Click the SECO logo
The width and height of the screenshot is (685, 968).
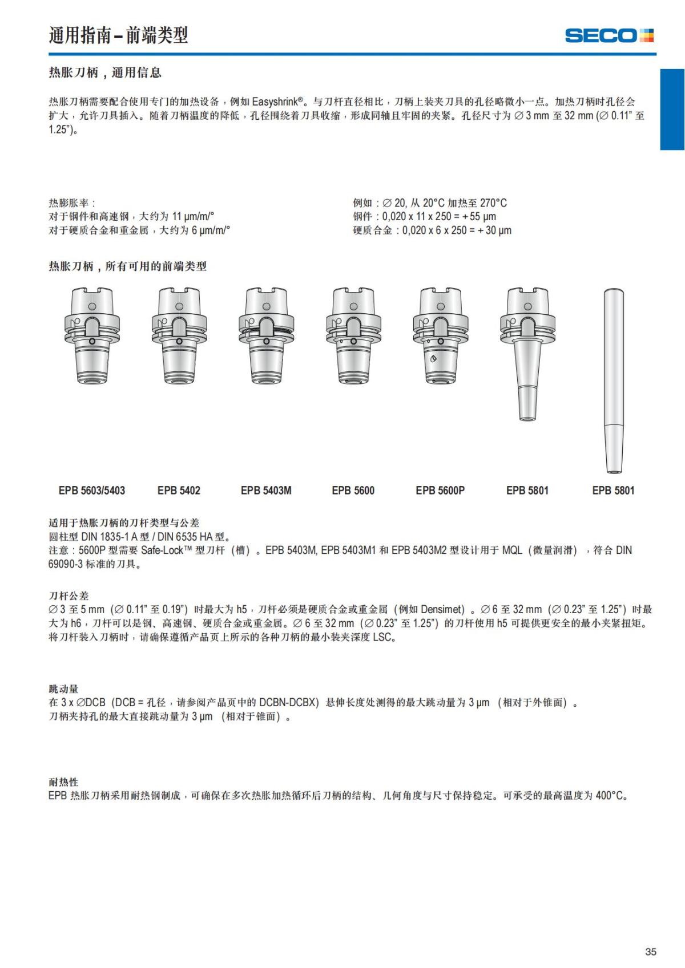609,35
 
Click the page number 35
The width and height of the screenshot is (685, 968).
650,951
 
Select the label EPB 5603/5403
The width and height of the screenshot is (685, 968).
91,491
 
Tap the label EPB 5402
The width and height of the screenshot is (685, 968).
179,491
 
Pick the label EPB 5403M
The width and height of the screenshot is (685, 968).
266,491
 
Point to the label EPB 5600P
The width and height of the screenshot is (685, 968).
440,491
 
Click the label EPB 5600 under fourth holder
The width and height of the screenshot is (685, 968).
353,491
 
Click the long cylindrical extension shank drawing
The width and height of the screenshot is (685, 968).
614,381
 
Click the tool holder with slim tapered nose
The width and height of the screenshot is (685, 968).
527,354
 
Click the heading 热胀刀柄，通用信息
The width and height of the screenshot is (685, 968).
105,72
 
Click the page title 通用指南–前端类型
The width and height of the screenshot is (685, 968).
118,35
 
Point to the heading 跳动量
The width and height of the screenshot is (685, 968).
63,689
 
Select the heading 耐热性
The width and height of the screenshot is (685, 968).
63,782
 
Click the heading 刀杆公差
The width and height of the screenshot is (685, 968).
68,596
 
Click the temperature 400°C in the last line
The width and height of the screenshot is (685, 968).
610,796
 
